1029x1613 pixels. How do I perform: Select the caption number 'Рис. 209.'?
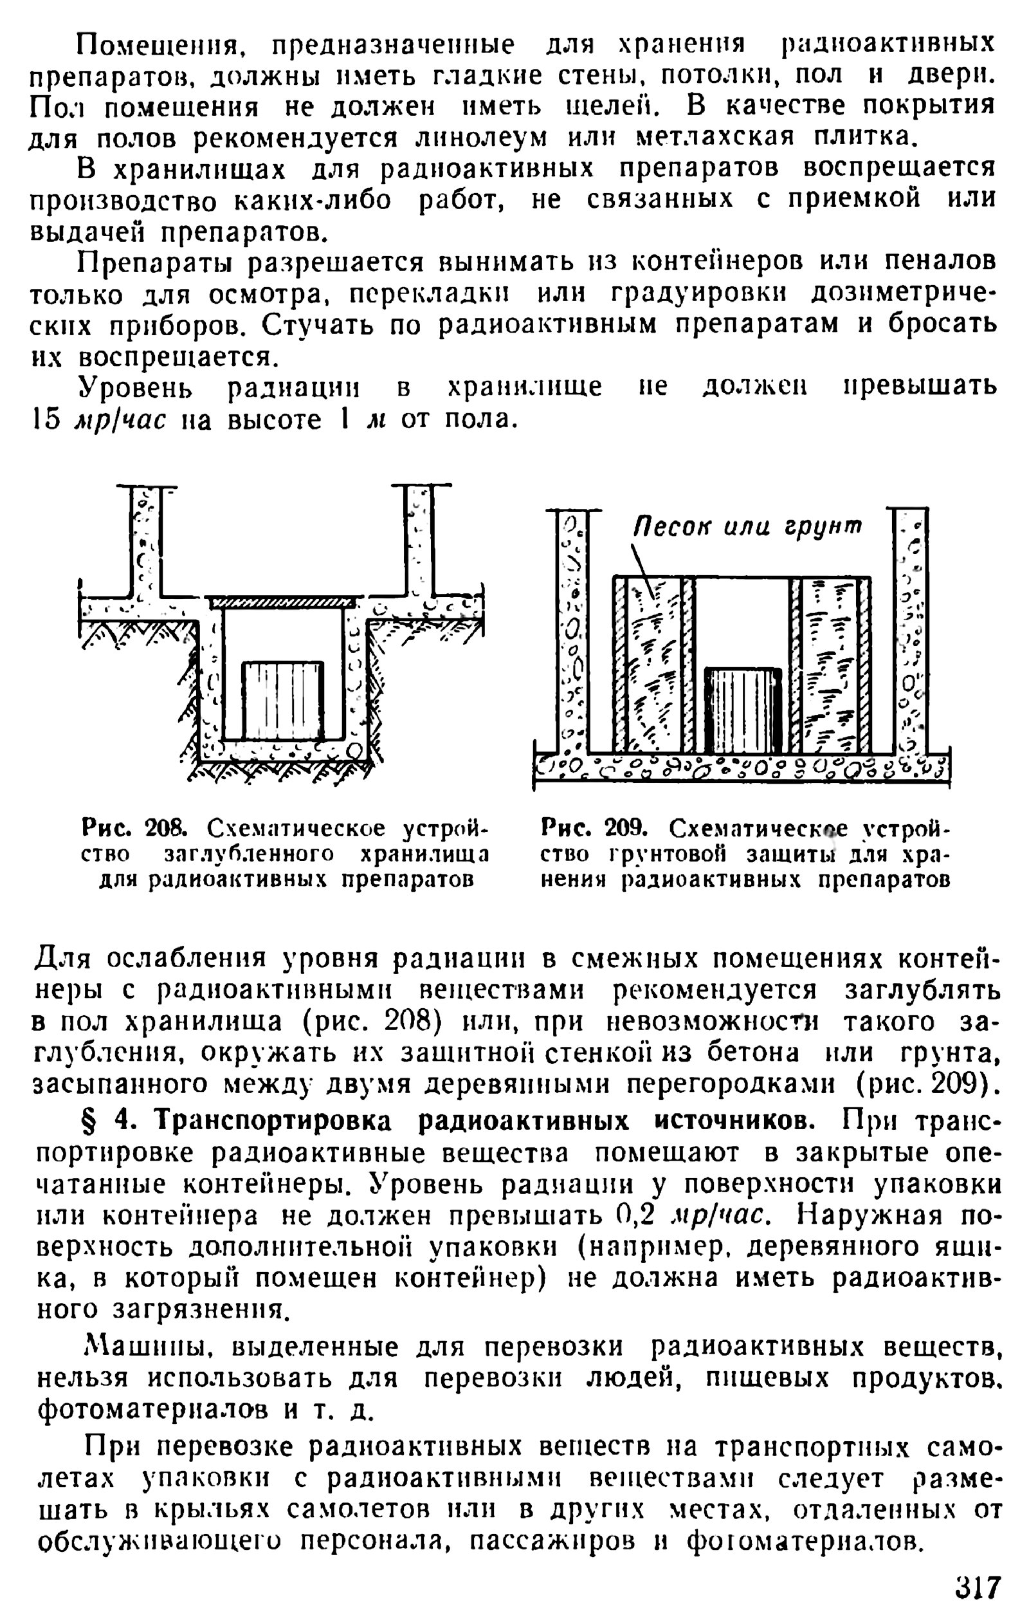(x=593, y=829)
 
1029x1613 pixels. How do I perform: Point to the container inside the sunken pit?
(x=282, y=700)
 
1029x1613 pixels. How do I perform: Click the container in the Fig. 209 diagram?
(x=743, y=710)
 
